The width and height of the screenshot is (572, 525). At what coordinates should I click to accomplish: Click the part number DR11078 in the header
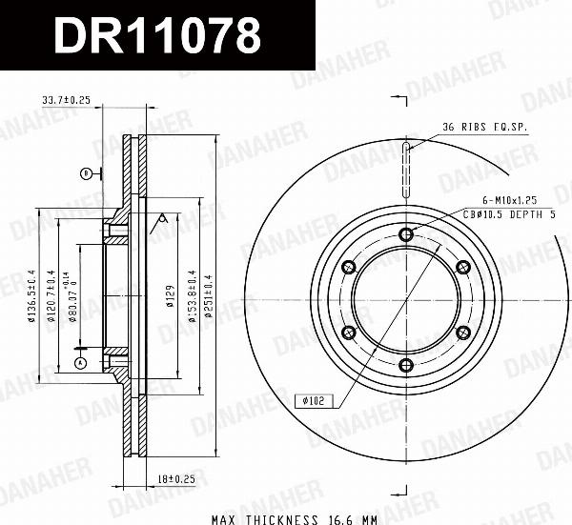click(157, 36)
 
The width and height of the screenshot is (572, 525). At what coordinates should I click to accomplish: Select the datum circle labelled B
click(86, 173)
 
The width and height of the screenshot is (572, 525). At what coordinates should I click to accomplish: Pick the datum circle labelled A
click(80, 364)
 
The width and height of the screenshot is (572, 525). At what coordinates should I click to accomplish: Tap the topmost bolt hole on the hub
click(406, 233)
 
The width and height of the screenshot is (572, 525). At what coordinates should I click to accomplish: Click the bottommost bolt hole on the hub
click(406, 365)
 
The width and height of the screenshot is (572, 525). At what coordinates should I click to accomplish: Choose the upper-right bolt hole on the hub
click(463, 267)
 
